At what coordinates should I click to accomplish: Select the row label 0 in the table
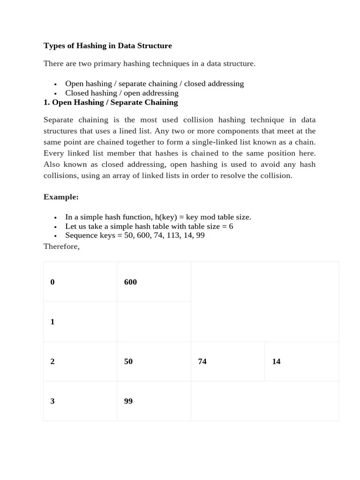(52, 282)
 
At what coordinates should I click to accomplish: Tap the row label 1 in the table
(52, 322)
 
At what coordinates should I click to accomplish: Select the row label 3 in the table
(52, 401)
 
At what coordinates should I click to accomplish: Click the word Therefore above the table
(61, 247)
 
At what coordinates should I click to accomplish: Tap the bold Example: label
(61, 197)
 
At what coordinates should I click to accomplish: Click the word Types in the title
(53, 46)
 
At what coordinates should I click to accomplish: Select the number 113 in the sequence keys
(173, 235)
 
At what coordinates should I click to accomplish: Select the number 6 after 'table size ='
(231, 226)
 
